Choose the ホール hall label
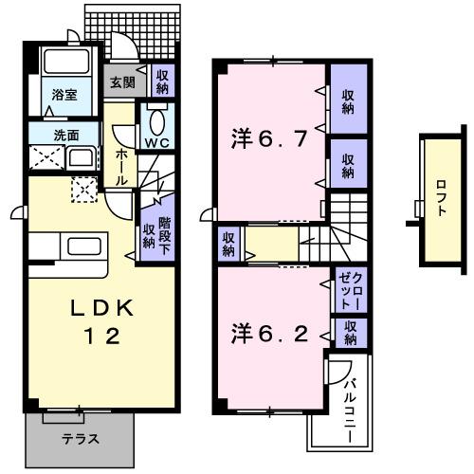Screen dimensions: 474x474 122,165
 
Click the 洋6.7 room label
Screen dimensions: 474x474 270,141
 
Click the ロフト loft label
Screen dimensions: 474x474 442,198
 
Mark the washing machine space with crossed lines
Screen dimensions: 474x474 44,158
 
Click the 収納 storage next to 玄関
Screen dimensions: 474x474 163,81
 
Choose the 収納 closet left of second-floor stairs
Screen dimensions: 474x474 228,244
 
